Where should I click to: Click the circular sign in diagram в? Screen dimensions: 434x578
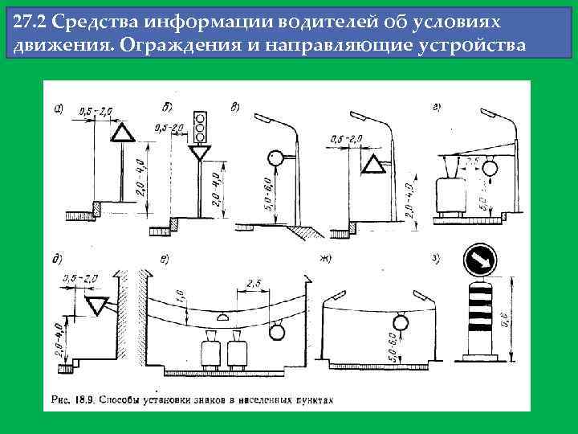click(x=277, y=160)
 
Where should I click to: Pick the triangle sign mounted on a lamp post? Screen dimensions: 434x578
click(x=372, y=166)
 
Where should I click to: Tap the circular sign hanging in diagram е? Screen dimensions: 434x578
click(x=277, y=330)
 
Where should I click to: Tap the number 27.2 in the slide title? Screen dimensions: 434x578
click(x=31, y=22)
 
